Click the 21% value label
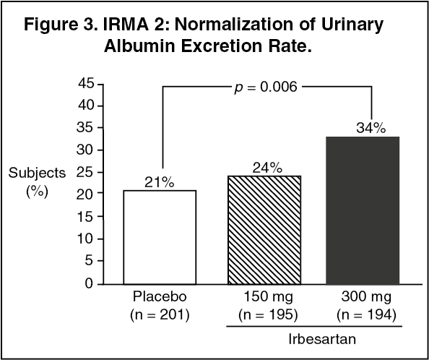click(160, 181)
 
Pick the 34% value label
click(370, 127)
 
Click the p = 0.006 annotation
click(266, 87)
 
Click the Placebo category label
click(160, 298)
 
